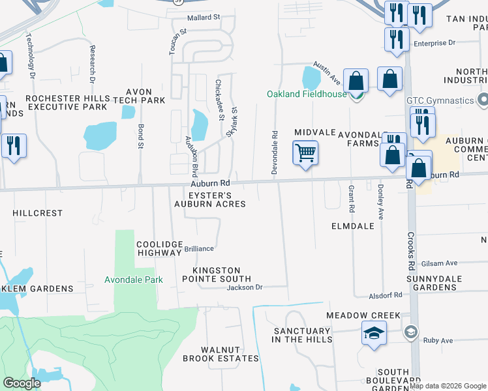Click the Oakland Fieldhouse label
pos(306,94)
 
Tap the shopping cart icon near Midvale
pos(305,154)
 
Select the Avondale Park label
pos(134,280)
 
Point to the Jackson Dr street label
pos(244,287)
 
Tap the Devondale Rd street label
pos(275,152)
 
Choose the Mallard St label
pos(204,18)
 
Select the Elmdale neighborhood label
pos(352,226)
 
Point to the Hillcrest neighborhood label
pos(37,213)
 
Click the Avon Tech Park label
pos(139,96)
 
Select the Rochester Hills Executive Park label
pos(65,102)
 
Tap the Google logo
pos(22,383)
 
